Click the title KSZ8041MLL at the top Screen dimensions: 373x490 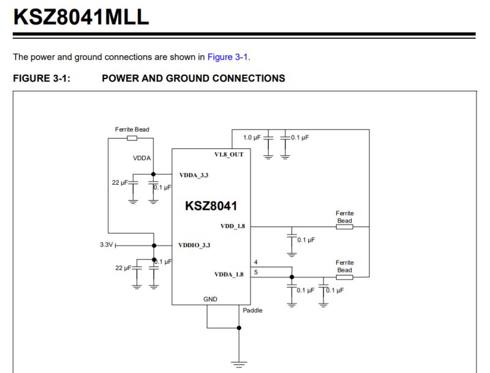(81, 17)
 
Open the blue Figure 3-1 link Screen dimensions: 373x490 (228, 57)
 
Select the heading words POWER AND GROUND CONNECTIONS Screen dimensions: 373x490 (193, 79)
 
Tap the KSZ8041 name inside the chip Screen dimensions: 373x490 (211, 206)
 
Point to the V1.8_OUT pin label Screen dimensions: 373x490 (228, 154)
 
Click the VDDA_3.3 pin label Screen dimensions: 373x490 (194, 175)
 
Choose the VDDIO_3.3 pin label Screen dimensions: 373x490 (194, 245)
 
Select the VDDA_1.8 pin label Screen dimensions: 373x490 (228, 274)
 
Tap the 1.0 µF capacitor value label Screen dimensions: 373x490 (252, 137)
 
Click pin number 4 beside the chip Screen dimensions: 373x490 (255, 262)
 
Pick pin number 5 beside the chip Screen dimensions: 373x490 (255, 272)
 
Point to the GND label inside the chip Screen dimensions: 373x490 (210, 299)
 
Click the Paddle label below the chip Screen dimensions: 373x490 (252, 310)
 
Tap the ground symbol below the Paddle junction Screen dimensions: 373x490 (239, 362)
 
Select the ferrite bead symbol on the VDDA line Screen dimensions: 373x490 (132, 138)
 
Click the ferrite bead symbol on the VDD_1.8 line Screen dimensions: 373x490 (345, 226)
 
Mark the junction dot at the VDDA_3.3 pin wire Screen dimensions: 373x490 (153, 174)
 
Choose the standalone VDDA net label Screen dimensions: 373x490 (141, 158)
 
